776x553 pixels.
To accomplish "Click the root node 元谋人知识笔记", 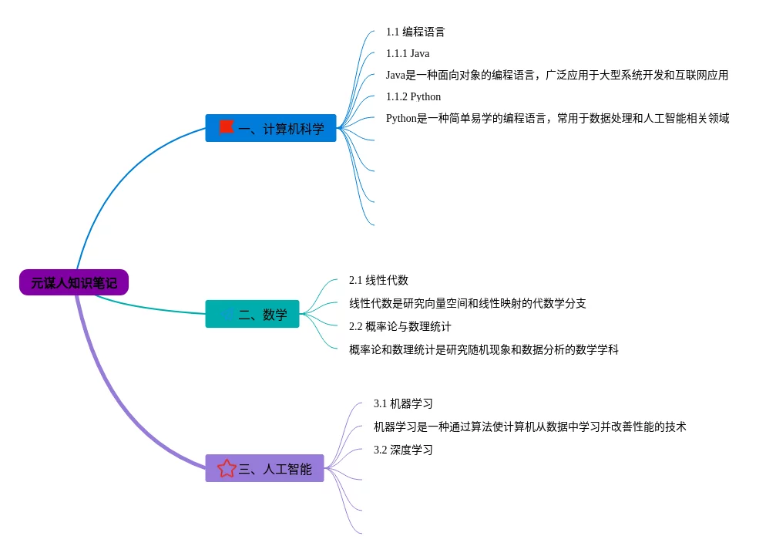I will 74,282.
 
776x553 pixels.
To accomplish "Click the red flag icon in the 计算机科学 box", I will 226,127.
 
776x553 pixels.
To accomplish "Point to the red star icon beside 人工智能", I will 227,468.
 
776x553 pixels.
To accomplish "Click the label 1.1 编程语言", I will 415,32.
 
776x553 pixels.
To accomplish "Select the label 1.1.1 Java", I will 408,54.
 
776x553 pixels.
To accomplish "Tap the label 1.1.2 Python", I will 413,97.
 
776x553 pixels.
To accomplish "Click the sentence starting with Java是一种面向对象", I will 556,76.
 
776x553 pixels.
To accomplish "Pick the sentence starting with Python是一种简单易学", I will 557,119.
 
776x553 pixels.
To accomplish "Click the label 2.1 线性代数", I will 378,281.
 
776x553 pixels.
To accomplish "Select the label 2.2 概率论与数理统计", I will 400,327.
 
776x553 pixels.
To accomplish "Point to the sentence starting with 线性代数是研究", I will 467,304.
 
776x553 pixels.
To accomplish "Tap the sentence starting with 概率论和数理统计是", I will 483,350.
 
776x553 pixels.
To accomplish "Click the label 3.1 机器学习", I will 403,404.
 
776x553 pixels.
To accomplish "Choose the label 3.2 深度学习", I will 403,450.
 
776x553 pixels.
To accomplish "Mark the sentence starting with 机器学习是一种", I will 529,427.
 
